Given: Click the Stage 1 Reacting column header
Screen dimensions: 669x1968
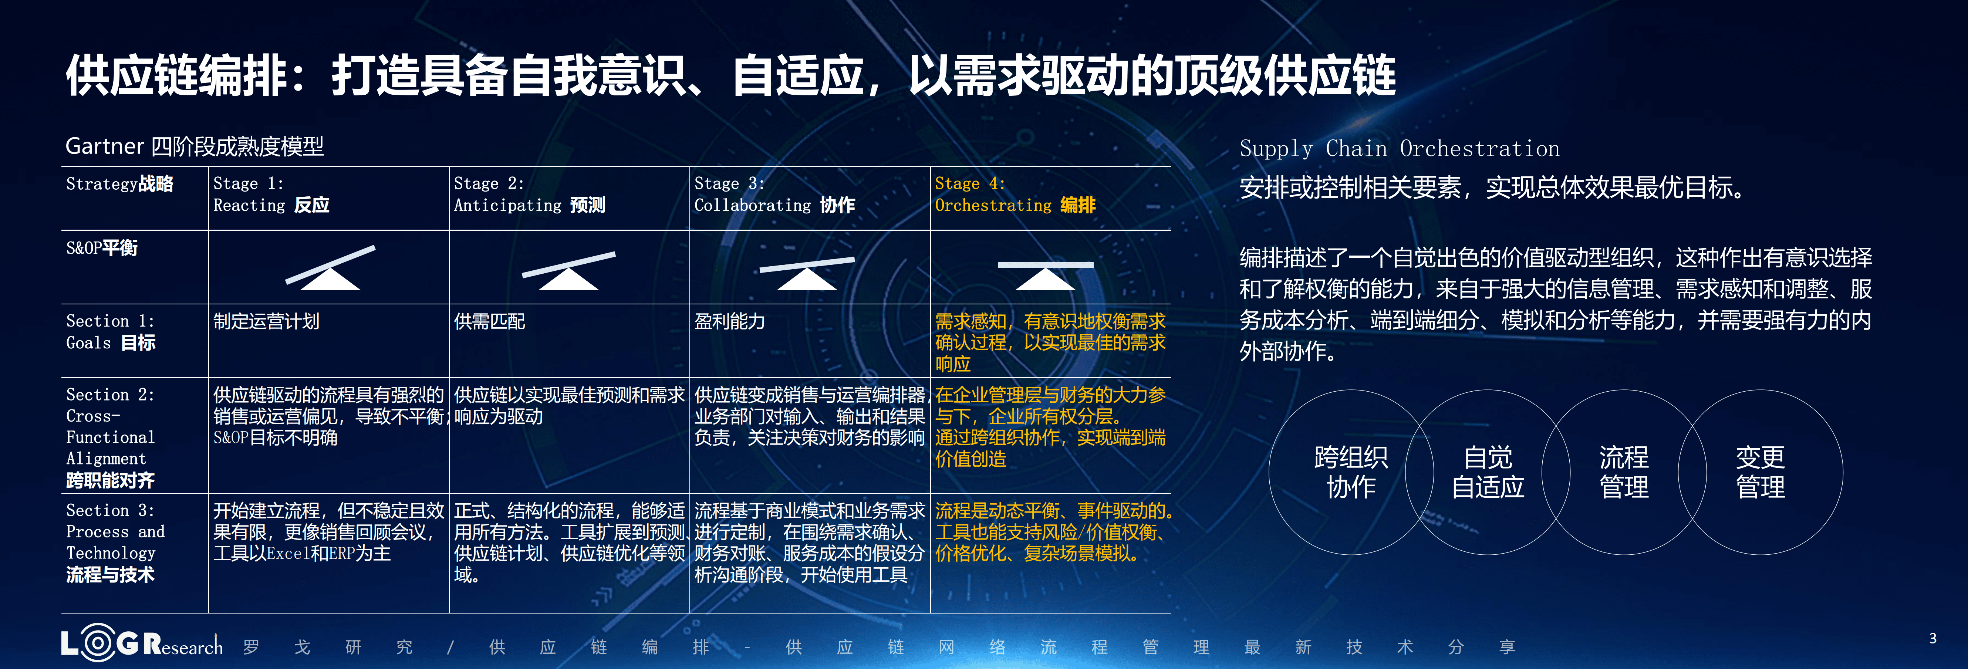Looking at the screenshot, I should [x=271, y=195].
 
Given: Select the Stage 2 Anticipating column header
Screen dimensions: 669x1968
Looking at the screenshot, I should [x=529, y=195].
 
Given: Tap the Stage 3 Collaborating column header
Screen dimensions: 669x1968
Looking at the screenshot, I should [x=774, y=195].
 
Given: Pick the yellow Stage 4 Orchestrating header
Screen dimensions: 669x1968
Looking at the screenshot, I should [x=1015, y=195].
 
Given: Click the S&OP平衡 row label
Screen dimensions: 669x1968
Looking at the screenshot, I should [x=102, y=248].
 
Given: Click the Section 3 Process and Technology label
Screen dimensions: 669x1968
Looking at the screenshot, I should [x=115, y=542].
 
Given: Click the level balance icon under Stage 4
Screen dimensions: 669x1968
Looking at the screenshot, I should [x=1045, y=275].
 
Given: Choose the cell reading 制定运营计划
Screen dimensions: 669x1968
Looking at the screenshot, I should [x=266, y=321].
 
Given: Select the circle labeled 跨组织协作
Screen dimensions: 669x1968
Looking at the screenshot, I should [x=1351, y=472].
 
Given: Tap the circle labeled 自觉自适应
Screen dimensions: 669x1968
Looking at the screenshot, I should [x=1488, y=472].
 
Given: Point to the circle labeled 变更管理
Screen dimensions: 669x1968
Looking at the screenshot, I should [x=1760, y=472].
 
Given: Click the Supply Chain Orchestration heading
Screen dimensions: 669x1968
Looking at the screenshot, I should [x=1399, y=149].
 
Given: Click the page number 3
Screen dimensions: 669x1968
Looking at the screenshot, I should [x=1933, y=638].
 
